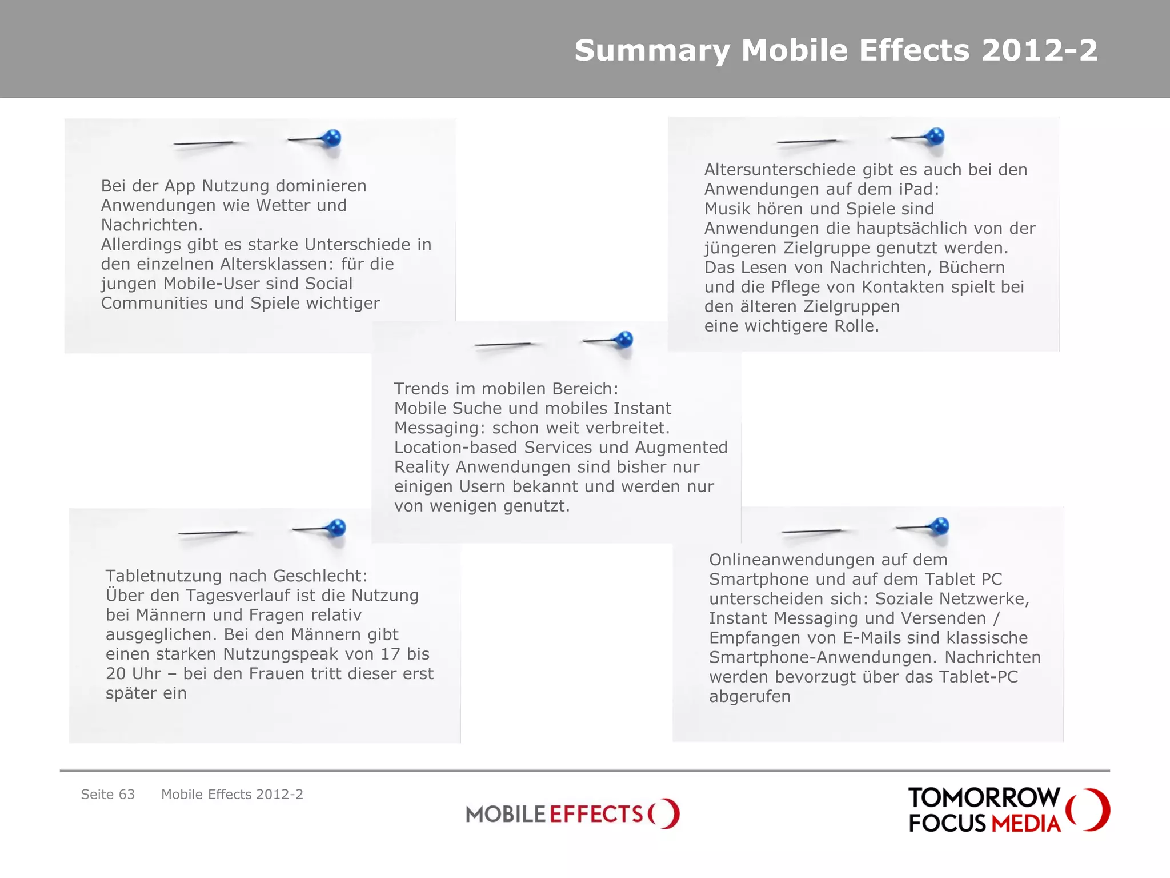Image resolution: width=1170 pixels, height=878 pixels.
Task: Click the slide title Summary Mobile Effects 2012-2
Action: pos(836,50)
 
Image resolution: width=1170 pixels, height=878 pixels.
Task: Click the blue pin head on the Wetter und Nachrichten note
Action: pos(331,138)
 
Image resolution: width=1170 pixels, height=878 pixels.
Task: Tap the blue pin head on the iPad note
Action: pos(935,136)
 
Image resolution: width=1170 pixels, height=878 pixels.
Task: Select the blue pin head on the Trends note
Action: pos(624,339)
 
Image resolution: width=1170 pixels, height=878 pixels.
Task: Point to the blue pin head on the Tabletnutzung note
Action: pos(336,527)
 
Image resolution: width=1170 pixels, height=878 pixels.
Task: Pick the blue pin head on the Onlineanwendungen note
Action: pos(940,525)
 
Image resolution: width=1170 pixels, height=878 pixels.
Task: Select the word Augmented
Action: pos(681,447)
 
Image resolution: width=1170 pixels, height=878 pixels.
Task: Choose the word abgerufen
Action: pos(750,696)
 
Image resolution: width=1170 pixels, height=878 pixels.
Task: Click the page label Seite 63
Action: pos(108,795)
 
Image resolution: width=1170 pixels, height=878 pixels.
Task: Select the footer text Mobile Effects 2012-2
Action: pos(232,795)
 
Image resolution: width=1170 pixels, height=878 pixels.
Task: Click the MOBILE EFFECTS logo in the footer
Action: pos(572,813)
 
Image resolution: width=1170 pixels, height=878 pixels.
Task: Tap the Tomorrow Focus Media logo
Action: pos(1008,809)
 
